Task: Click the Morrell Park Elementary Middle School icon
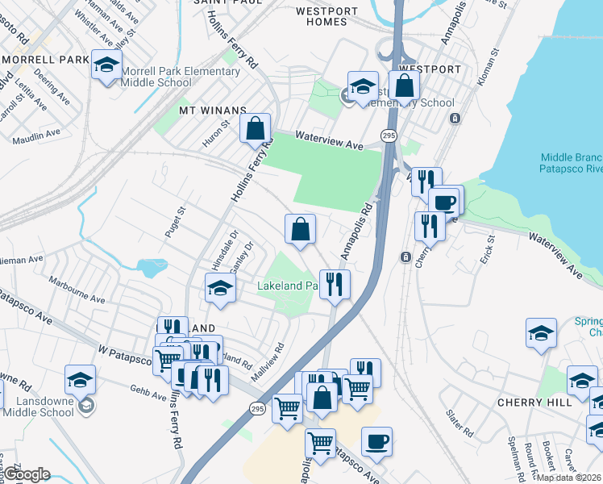(x=106, y=66)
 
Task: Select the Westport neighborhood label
(x=430, y=69)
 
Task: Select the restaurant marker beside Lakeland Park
(x=335, y=284)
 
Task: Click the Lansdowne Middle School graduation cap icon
(x=80, y=379)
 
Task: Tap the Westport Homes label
(x=326, y=17)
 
